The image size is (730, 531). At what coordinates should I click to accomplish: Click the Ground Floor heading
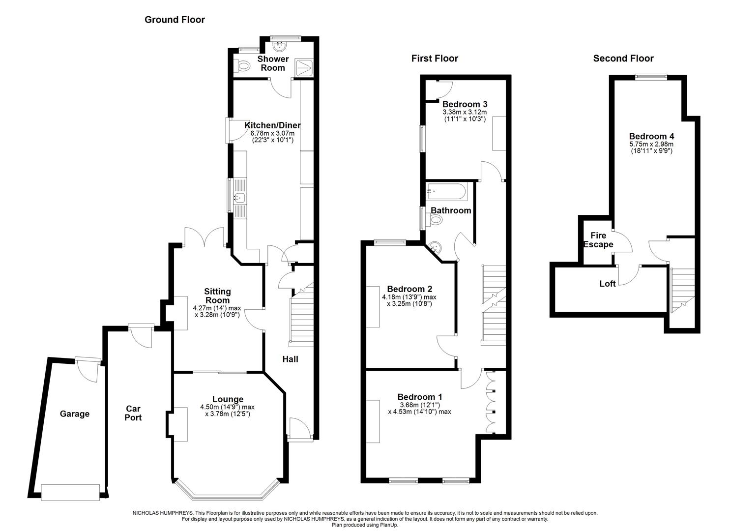click(175, 20)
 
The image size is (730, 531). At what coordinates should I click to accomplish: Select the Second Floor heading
click(623, 59)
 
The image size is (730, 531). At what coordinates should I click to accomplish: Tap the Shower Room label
click(273, 63)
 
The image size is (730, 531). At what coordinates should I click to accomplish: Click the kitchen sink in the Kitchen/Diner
click(239, 198)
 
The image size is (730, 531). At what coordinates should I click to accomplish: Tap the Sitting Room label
click(217, 296)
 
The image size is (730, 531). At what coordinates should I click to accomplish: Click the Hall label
click(290, 359)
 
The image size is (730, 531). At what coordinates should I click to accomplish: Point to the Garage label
click(75, 414)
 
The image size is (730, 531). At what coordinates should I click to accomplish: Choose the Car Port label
click(133, 413)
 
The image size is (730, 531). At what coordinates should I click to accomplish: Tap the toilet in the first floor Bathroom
click(434, 220)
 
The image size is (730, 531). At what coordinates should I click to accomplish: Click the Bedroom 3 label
click(465, 104)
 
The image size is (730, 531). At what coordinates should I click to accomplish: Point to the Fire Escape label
click(598, 240)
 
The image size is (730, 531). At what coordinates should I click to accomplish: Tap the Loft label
click(608, 284)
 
